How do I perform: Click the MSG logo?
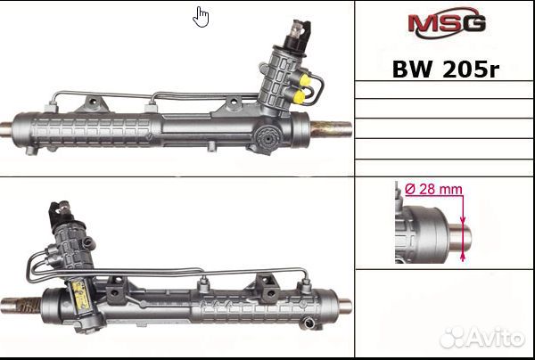[x=447, y=22]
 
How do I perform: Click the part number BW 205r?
[x=446, y=70]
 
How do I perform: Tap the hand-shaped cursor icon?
[x=201, y=17]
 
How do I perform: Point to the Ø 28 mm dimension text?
[x=433, y=189]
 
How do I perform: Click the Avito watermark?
[x=482, y=338]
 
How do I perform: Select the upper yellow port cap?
[x=305, y=80]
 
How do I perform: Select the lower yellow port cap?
[x=299, y=97]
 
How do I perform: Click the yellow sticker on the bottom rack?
[x=81, y=295]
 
